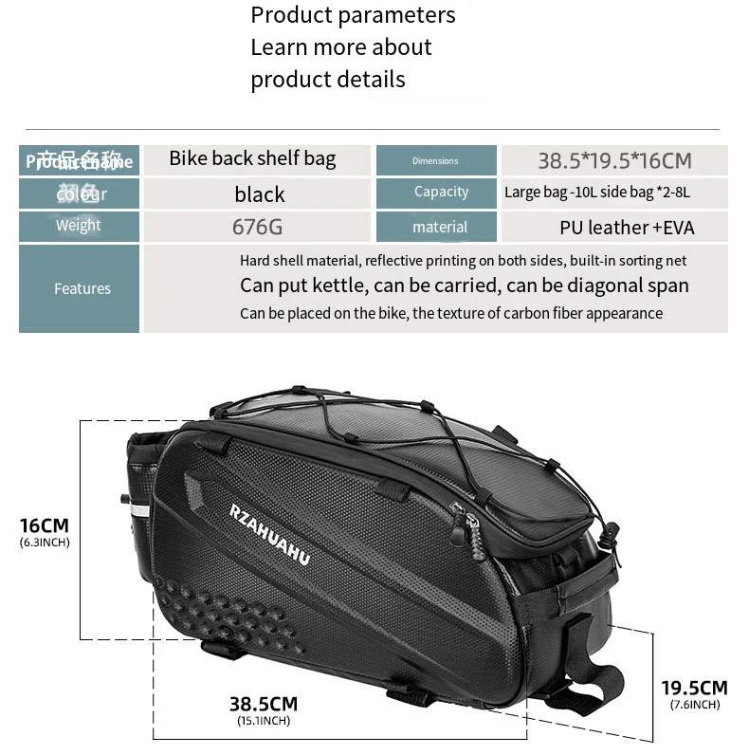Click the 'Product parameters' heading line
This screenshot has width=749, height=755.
coord(353,15)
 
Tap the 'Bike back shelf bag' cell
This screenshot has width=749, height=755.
coord(252,158)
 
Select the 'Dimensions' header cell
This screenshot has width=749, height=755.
coord(436,160)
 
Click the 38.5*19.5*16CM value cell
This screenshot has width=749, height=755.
coord(614,160)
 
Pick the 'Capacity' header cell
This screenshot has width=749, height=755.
coord(441,192)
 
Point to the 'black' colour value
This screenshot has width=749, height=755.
coord(259,194)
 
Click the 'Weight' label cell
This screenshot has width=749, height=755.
coord(79,226)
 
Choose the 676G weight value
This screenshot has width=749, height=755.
coord(257,227)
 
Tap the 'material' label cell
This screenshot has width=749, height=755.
coord(440,227)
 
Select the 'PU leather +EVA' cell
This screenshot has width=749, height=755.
coord(627,227)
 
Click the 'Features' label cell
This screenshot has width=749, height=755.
coord(82,288)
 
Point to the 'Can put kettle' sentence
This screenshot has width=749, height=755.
coord(464,285)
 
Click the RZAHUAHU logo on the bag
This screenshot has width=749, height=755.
coord(269,534)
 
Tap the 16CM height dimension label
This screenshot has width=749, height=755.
coord(45,525)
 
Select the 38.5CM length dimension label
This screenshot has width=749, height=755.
coord(263,704)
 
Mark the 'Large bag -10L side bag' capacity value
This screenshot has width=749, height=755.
coord(597,193)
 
